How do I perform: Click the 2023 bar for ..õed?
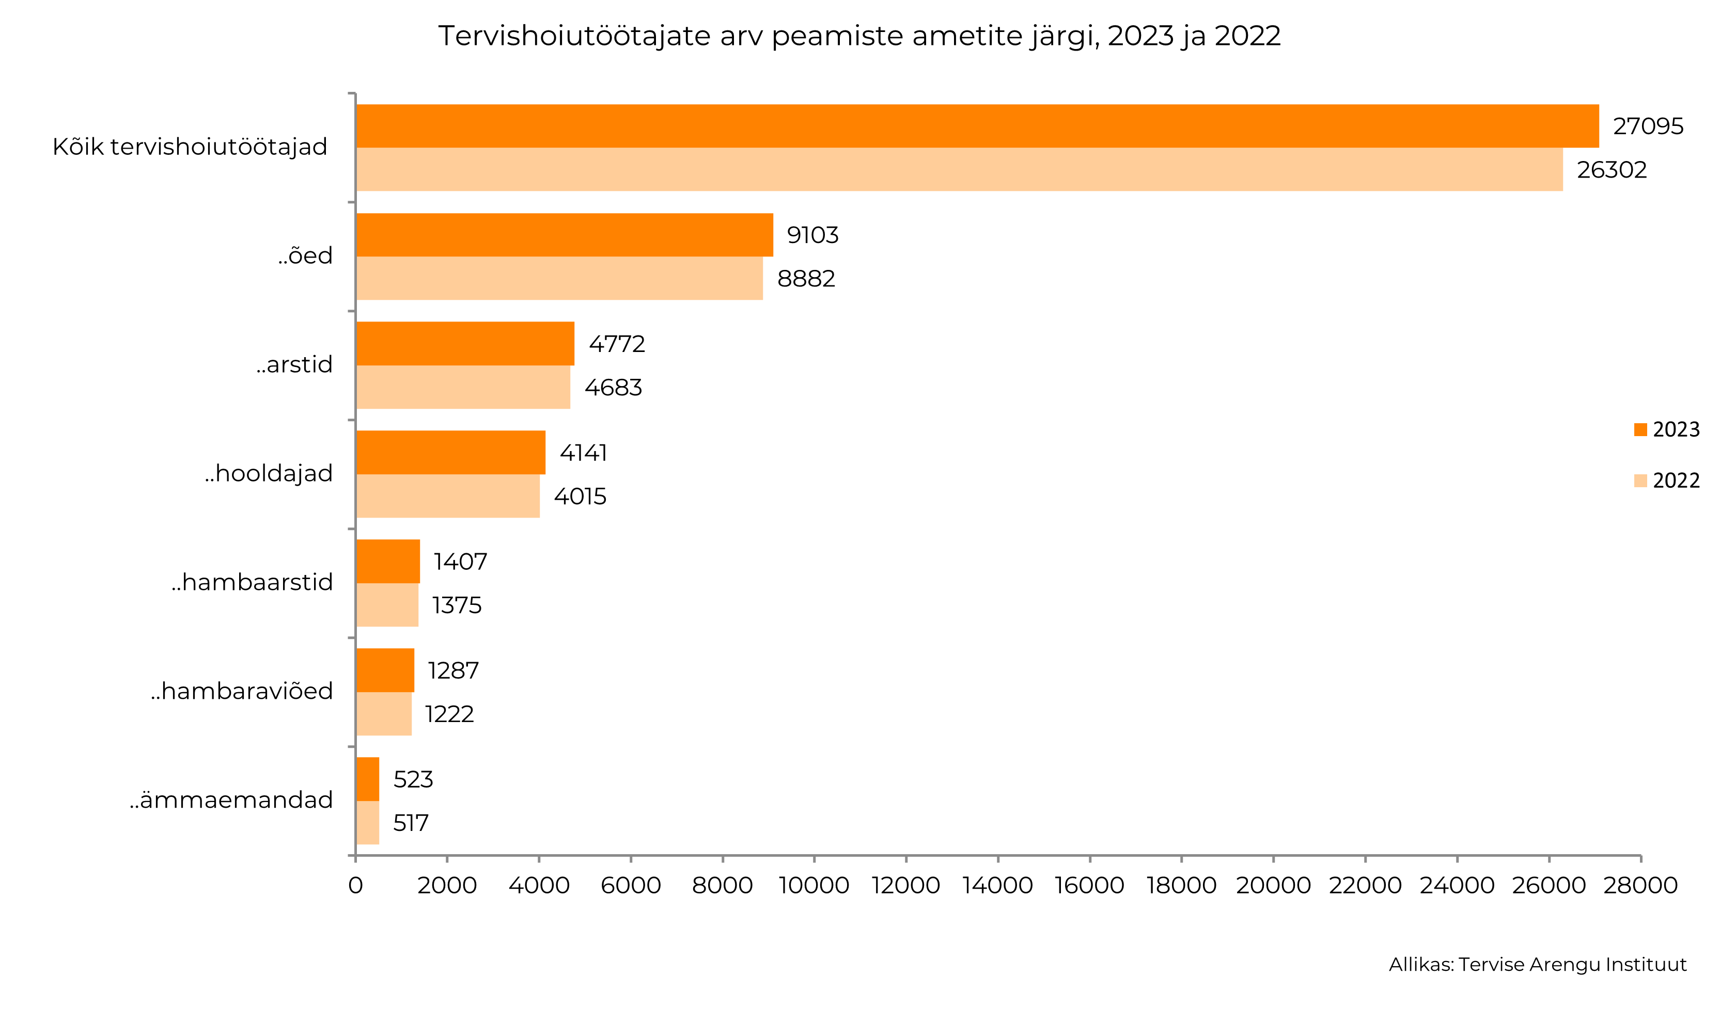pos(564,235)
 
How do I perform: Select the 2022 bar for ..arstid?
pos(463,388)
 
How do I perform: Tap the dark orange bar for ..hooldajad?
pos(450,453)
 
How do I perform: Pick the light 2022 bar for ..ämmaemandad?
pos(368,823)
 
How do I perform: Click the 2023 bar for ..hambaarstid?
pos(388,562)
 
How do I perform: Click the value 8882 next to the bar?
pos(806,279)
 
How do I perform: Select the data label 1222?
pos(449,714)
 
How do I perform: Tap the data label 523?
pos(413,780)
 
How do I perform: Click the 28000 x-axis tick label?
pos(1640,886)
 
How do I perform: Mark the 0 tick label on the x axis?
pos(355,886)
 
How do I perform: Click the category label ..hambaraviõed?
pos(242,692)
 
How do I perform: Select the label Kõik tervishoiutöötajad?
pos(190,147)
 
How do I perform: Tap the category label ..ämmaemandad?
pos(231,800)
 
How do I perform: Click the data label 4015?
pos(580,497)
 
